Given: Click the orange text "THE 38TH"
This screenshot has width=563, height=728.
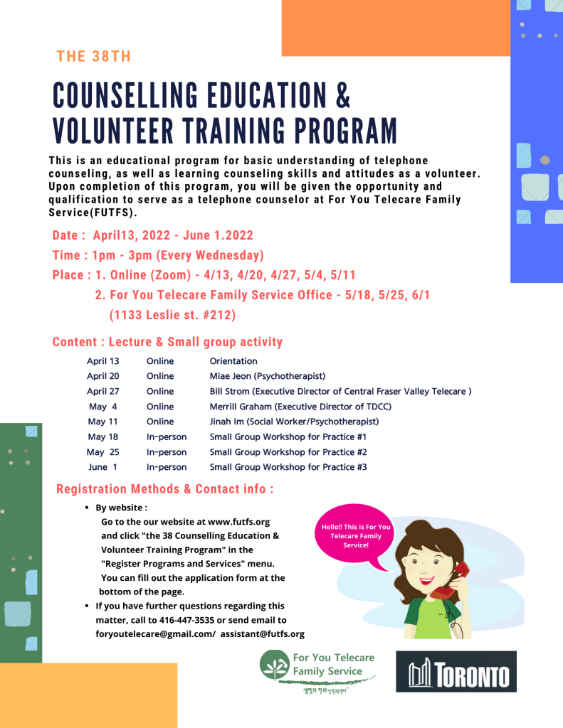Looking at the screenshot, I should tap(94, 57).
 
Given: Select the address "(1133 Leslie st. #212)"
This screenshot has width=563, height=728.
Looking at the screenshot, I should tap(172, 314).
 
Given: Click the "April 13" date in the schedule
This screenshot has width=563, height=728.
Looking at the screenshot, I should tap(103, 361).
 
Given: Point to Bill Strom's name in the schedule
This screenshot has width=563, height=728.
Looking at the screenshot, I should tap(230, 392).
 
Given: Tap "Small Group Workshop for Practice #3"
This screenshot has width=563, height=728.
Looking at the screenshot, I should tap(288, 467).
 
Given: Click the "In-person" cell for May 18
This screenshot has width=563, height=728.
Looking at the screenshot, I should tap(167, 437).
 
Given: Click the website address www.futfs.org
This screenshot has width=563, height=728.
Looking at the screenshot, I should tap(238, 522).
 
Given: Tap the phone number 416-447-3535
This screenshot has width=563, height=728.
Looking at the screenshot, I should tap(216, 620).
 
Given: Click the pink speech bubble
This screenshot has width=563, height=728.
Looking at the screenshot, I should tap(355, 536).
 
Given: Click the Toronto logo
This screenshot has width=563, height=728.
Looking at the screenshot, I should tap(456, 672).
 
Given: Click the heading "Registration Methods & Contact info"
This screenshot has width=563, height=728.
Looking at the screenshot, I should tap(164, 489).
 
